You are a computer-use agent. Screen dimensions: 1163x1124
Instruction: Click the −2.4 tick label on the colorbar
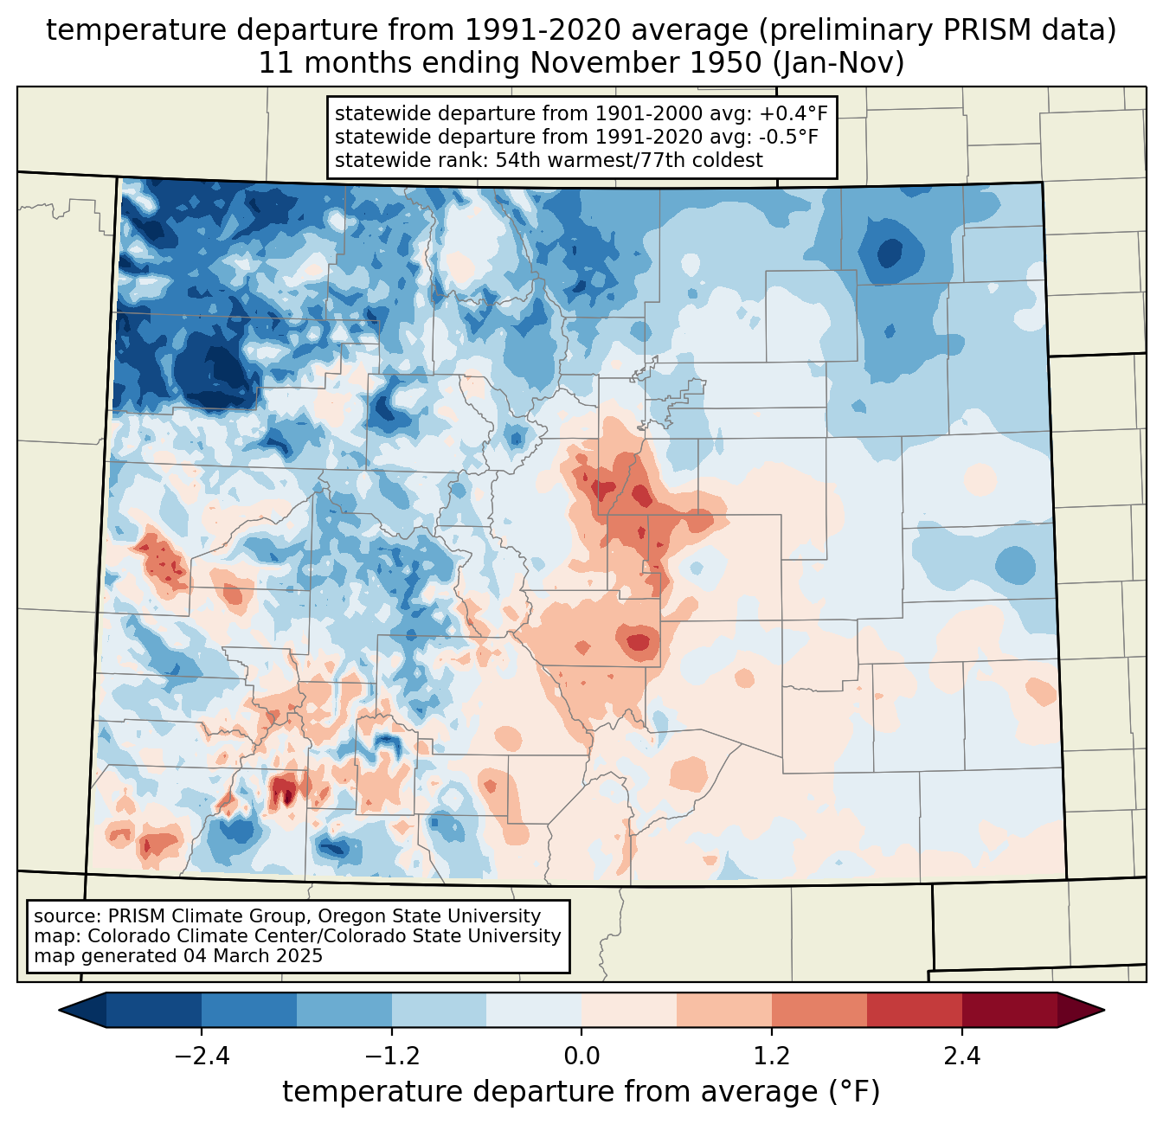(202, 1057)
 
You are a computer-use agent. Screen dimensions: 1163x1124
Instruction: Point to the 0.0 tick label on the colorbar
(581, 1057)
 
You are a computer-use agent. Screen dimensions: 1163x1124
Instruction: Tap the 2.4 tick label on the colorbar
(961, 1057)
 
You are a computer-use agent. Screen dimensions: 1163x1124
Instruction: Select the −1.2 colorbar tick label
(391, 1057)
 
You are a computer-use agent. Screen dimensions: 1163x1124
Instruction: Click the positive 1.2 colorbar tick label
(772, 1057)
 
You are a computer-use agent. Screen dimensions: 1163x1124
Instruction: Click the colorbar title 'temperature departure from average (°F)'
(581, 1092)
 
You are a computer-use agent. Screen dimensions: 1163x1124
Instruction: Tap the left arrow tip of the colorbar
(60, 1011)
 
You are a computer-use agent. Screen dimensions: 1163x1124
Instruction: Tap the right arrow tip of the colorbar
(1104, 1011)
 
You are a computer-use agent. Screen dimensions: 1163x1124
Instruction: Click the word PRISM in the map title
(980, 31)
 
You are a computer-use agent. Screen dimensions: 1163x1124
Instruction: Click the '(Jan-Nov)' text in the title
(839, 63)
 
